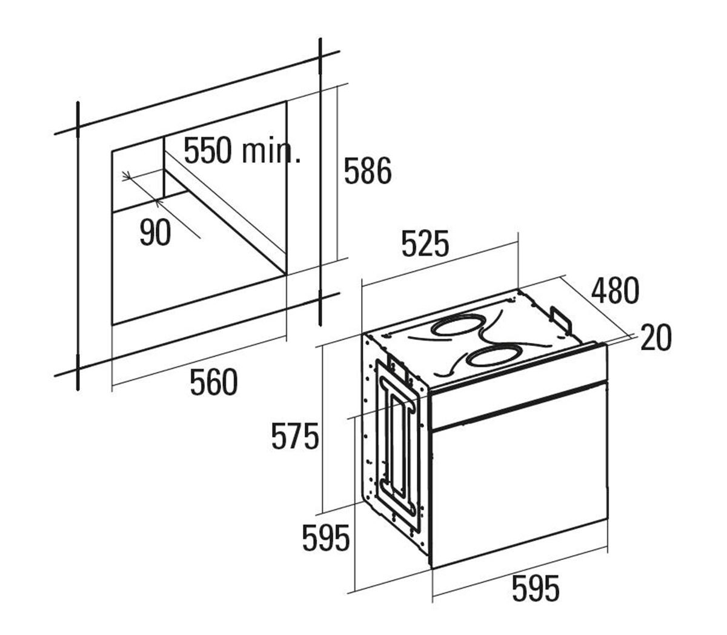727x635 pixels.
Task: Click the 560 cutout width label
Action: pyautogui.click(x=213, y=382)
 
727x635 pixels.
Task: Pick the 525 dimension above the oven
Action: pyautogui.click(x=425, y=244)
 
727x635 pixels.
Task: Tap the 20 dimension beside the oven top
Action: pyautogui.click(x=656, y=337)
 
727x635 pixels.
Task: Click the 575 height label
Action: pyautogui.click(x=295, y=436)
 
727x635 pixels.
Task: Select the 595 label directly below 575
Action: pyautogui.click(x=326, y=538)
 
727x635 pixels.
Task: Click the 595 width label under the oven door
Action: pyautogui.click(x=536, y=588)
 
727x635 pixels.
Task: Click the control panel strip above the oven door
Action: pyautogui.click(x=518, y=386)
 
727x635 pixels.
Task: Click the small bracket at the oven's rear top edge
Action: pyautogui.click(x=562, y=319)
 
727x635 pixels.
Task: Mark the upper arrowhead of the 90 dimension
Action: pyautogui.click(x=126, y=175)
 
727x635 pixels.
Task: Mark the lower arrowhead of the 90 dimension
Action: pyautogui.click(x=158, y=202)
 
